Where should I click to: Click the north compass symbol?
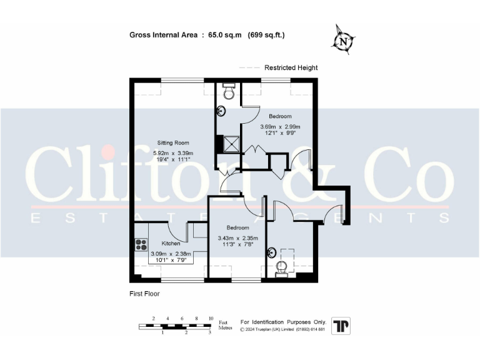342,41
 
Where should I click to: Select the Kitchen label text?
171,243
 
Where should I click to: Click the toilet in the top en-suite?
229,92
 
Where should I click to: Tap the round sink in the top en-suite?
221,112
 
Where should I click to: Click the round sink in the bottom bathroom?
271,252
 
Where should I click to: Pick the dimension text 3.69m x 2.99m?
280,126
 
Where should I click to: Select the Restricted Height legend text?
291,67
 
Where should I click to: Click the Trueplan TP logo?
341,326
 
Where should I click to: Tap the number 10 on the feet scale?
211,319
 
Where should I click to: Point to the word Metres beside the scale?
226,327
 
